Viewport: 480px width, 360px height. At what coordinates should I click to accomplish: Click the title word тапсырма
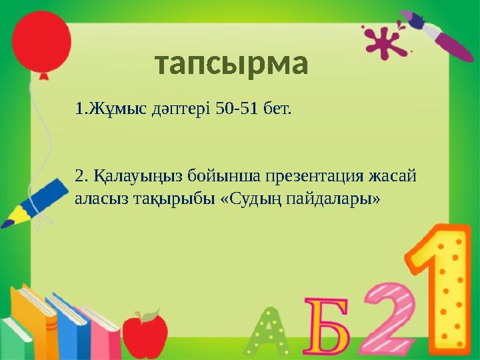231,64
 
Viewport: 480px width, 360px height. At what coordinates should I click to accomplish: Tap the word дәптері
177,108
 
